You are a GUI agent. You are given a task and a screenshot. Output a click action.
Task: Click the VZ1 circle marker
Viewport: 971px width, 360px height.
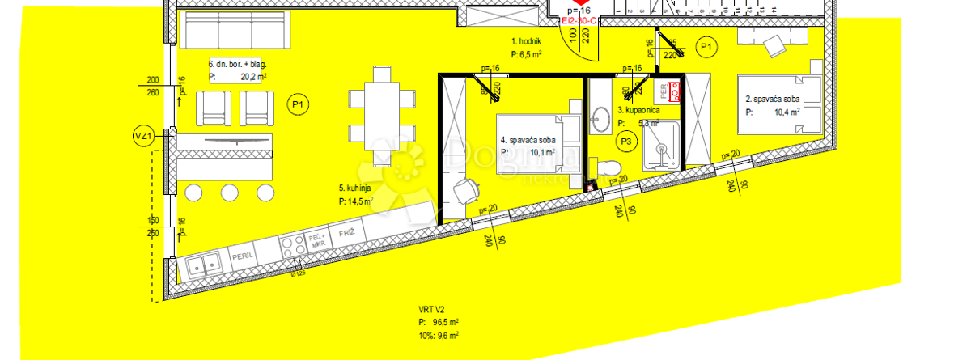pyautogui.click(x=142, y=138)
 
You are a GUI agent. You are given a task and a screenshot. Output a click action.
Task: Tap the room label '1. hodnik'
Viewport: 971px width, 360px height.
pyautogui.click(x=526, y=40)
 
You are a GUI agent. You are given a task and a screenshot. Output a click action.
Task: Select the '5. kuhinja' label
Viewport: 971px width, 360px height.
pyautogui.click(x=354, y=188)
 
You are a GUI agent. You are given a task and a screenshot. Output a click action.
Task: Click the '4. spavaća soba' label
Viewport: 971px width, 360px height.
pyautogui.click(x=528, y=140)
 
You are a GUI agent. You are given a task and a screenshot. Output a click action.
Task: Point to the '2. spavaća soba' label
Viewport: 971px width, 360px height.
pyautogui.click(x=772, y=100)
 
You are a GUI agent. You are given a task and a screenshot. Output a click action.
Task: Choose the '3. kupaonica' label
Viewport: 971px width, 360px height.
pyautogui.click(x=639, y=109)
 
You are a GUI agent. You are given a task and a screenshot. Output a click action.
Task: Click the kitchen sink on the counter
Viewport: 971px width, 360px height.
pyautogui.click(x=201, y=262)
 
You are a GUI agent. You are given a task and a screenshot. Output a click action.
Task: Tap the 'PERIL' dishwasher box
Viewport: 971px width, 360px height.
pyautogui.click(x=243, y=254)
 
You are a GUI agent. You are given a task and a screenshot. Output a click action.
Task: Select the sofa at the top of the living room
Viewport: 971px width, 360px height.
pyautogui.click(x=234, y=31)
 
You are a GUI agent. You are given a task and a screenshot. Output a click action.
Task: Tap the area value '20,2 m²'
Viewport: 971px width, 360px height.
pyautogui.click(x=254, y=78)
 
